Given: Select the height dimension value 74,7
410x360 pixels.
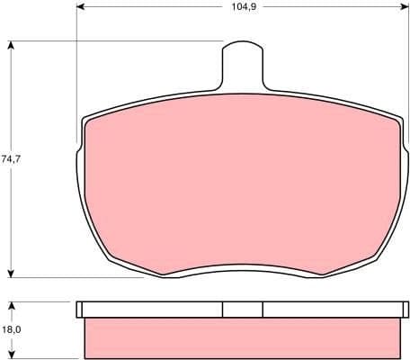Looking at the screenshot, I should tap(11, 159).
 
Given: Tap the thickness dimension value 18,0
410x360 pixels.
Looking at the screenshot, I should tap(11, 329).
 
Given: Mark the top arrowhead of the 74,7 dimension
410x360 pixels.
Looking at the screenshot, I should tap(11, 45).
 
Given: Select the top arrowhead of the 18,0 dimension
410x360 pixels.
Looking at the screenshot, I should tap(11, 305).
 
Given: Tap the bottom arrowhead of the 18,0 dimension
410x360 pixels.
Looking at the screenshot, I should tap(11, 355).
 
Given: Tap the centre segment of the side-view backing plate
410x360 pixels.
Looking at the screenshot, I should tap(243, 310).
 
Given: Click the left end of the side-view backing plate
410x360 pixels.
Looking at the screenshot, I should tap(80, 310).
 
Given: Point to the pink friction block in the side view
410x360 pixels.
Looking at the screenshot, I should tap(241, 337).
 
